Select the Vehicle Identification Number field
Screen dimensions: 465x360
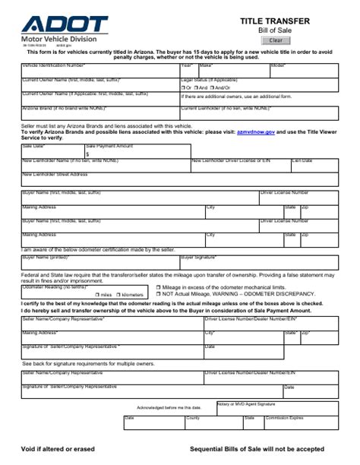[x=99, y=71]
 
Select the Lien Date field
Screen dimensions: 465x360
[x=314, y=166]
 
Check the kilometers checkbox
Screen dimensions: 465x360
[x=118, y=293]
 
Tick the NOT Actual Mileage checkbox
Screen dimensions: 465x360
[x=157, y=293]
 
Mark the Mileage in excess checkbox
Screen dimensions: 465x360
[x=157, y=287]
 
